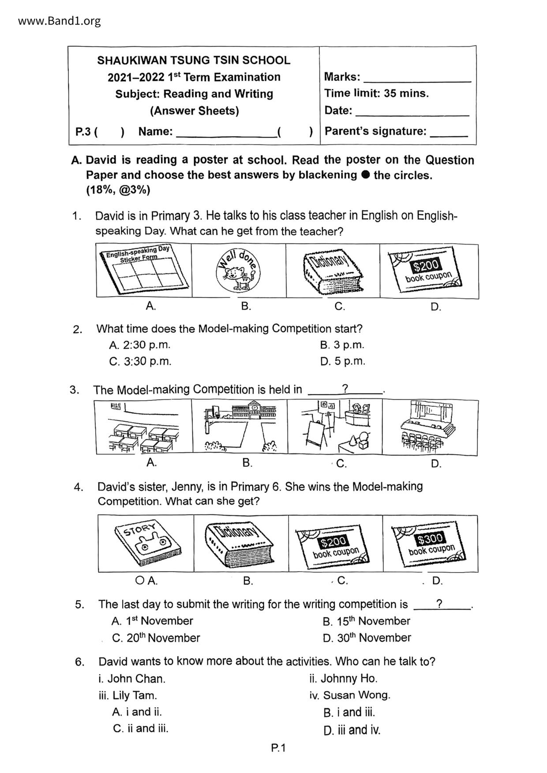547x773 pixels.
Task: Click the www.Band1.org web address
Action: pos(60,21)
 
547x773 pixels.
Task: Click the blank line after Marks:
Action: pos(417,81)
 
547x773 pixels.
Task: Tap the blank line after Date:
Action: pos(412,115)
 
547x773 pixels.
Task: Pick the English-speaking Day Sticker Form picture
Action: pos(144,270)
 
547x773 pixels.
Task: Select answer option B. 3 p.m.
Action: pos(342,345)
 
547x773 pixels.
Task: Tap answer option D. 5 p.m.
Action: pos(343,361)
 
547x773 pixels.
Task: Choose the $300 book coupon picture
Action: pos(431,543)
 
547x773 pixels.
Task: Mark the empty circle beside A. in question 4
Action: pos(139,581)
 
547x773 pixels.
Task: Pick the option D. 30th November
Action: pos(367,638)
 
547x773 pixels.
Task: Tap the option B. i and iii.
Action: pos(349,712)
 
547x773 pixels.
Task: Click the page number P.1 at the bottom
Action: pos(279,748)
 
